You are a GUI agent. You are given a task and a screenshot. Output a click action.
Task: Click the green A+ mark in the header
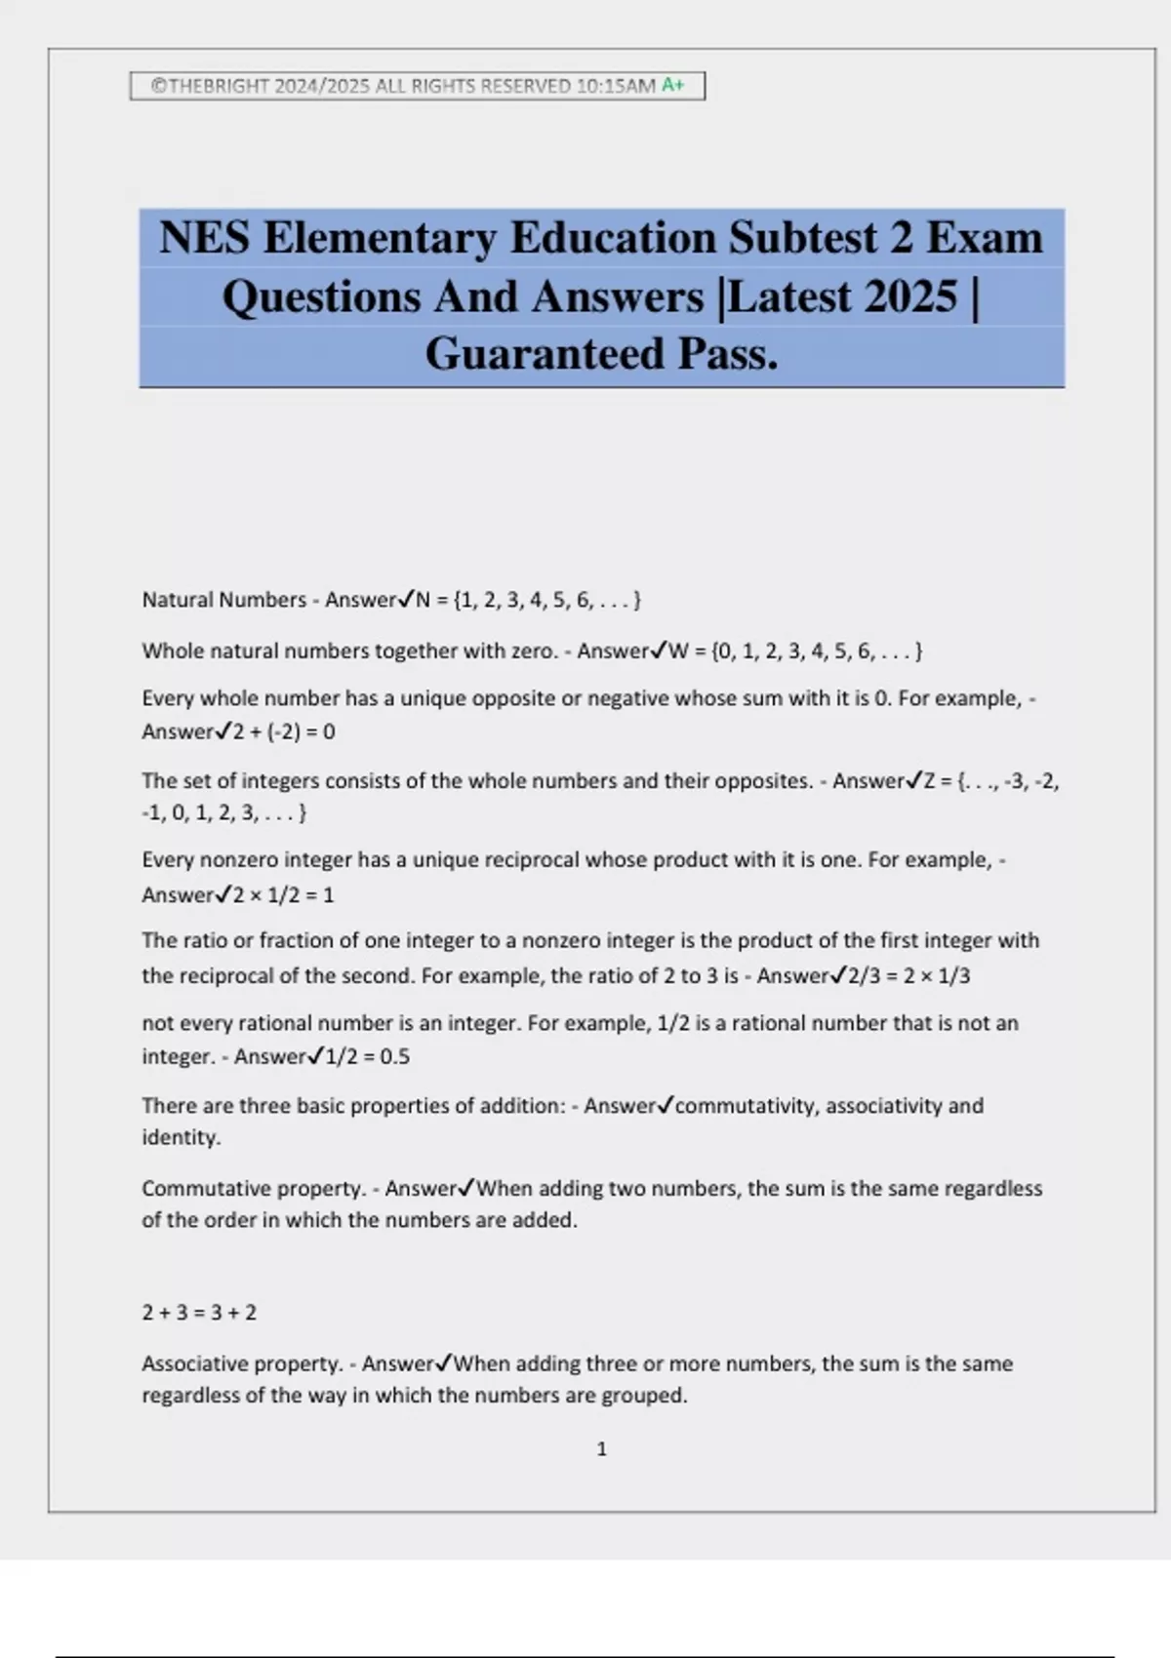(x=673, y=85)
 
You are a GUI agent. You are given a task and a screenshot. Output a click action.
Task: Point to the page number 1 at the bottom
(x=601, y=1449)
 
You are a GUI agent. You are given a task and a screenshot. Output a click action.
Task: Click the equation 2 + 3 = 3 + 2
(x=199, y=1313)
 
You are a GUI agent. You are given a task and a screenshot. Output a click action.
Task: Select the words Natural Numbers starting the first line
(x=223, y=600)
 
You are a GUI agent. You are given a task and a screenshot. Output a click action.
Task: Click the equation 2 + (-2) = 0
(x=284, y=731)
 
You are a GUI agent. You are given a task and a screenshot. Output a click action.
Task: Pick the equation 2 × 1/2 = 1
(x=284, y=894)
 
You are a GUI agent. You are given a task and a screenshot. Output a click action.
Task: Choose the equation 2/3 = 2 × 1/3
(x=909, y=975)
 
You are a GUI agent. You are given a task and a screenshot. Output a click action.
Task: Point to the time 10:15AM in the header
(x=616, y=86)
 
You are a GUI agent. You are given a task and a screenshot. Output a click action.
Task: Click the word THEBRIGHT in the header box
(x=218, y=86)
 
